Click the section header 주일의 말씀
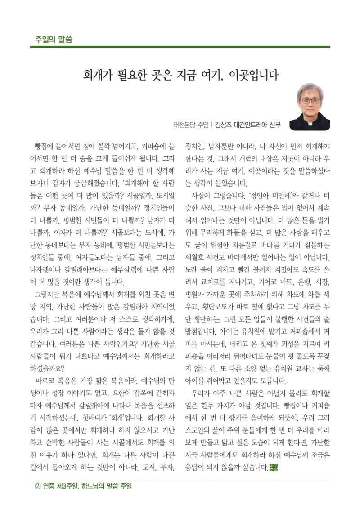54,39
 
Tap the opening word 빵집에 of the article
45,147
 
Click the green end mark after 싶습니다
273,467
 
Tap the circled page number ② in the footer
38,486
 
